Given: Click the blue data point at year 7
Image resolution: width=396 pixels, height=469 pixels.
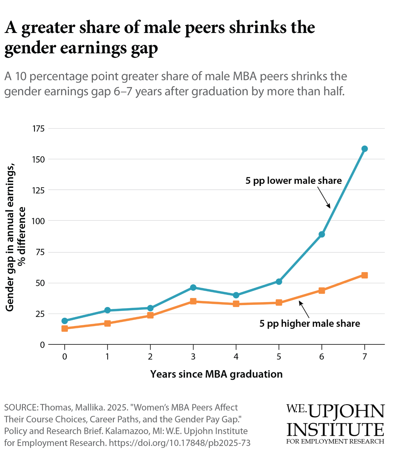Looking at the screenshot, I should click(x=364, y=149).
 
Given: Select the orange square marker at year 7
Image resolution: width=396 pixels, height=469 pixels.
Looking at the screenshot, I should click(x=364, y=275).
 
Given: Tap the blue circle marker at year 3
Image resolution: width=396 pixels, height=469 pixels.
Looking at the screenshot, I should click(x=193, y=287).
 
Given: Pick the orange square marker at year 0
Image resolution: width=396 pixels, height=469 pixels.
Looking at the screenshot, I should click(x=65, y=328).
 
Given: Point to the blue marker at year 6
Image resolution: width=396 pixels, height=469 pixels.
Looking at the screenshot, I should click(x=322, y=234).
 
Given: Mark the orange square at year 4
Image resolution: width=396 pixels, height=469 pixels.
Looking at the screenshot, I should click(x=236, y=304).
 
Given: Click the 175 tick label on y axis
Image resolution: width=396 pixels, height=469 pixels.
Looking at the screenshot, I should click(x=38, y=129).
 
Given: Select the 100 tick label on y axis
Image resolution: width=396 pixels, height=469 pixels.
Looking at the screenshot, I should click(x=38, y=221).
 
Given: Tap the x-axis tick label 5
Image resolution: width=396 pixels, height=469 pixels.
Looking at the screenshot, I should click(x=279, y=357).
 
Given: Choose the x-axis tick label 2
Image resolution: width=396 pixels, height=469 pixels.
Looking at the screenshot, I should click(x=150, y=357).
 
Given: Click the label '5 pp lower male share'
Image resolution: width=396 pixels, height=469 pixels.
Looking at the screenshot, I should click(x=293, y=181).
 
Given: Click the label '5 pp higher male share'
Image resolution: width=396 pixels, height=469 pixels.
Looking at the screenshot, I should click(x=309, y=323).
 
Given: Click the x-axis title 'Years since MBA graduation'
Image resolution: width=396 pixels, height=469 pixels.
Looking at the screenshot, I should click(x=216, y=374).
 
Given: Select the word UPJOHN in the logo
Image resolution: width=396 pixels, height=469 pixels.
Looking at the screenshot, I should click(x=346, y=411).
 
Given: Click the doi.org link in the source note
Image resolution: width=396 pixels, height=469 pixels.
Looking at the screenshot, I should click(x=179, y=443).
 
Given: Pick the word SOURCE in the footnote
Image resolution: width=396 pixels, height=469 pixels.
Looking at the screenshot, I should click(x=21, y=407).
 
